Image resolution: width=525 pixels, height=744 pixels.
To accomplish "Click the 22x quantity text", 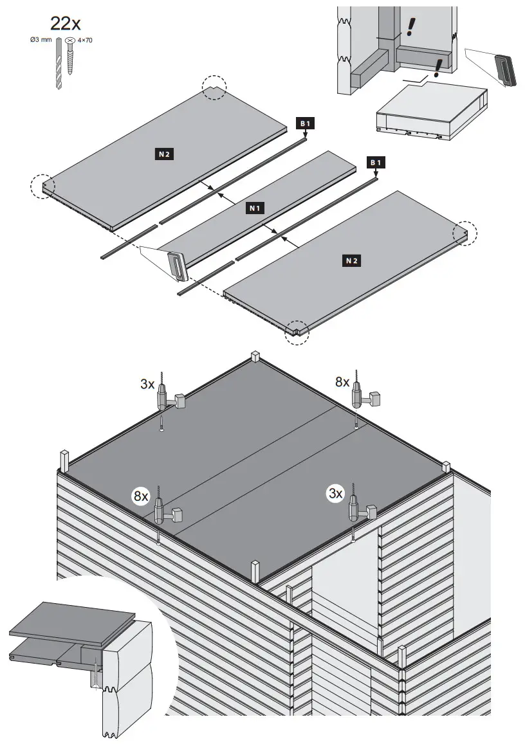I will [x=65, y=24].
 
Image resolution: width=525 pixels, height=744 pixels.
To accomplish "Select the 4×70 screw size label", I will [x=84, y=41].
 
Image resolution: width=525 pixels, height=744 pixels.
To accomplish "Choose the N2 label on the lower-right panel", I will [x=351, y=260].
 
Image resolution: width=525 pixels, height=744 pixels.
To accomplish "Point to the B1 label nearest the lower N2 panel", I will [x=374, y=163].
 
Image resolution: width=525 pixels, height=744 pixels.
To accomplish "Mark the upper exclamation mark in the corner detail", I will [x=409, y=26].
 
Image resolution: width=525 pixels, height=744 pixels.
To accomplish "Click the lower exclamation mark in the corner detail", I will [x=440, y=66].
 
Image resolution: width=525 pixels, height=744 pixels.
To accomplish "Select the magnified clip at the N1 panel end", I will [x=175, y=266].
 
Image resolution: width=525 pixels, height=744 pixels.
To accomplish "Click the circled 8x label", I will [x=141, y=496].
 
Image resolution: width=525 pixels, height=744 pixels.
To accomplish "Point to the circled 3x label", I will [x=335, y=493].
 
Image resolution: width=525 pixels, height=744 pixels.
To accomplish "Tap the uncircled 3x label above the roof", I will [x=147, y=385].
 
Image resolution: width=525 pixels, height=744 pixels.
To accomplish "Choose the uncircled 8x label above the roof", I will [x=342, y=382].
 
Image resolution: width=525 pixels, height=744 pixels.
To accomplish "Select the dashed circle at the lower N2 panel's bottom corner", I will [x=297, y=331].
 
